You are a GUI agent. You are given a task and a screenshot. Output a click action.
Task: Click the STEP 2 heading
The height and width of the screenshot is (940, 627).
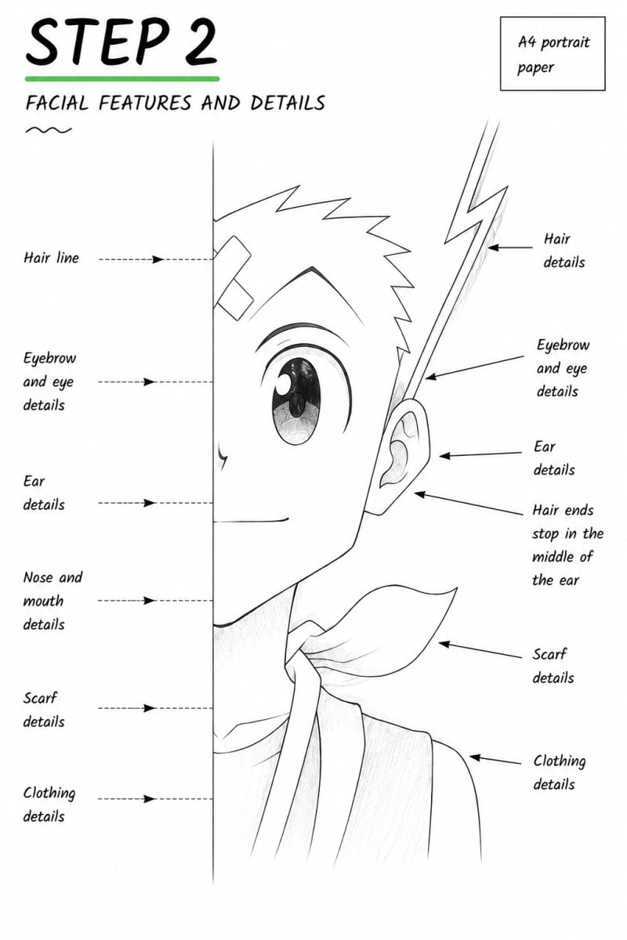coord(121,43)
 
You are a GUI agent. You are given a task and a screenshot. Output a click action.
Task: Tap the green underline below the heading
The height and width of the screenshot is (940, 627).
coord(122,78)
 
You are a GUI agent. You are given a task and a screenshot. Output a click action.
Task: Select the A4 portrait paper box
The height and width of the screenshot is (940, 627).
coord(553,54)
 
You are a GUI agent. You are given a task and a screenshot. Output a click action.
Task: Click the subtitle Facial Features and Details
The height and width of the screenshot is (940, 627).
coord(175,103)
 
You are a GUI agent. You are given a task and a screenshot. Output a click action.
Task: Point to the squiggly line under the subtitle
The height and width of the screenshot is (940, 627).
coord(49,131)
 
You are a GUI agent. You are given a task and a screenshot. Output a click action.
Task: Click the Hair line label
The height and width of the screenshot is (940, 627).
coord(51,258)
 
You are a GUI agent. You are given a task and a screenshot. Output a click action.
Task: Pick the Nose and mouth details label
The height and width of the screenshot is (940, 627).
coord(53,601)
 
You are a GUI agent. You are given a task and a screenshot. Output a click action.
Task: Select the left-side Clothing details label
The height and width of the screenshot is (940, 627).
coord(49,805)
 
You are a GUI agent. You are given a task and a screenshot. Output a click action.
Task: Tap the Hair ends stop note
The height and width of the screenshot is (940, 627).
coord(567,545)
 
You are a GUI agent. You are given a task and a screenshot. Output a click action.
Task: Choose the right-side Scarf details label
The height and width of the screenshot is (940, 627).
coord(553,666)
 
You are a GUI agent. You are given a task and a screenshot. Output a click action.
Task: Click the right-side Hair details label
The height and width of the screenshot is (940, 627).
coord(564,251)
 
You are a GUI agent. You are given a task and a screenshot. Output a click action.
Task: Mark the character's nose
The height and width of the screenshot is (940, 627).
coord(221,456)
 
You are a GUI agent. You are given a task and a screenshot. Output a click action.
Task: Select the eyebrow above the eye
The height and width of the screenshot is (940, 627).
coord(303,334)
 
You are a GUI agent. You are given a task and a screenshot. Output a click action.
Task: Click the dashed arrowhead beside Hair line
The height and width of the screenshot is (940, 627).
coord(158,259)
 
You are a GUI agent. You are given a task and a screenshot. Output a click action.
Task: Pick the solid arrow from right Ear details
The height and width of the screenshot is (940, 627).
coord(480,454)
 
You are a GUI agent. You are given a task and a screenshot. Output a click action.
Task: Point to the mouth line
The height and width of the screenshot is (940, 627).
coord(251,521)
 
